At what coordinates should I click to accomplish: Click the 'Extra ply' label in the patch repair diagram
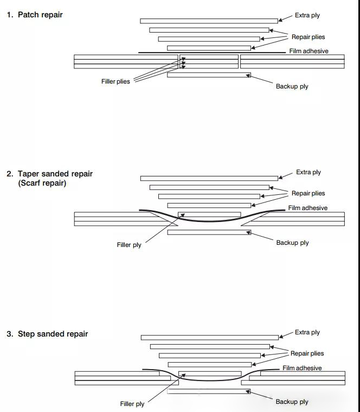tap(307, 15)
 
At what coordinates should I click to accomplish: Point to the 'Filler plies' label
tap(115, 82)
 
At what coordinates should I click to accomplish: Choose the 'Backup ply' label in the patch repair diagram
tap(292, 86)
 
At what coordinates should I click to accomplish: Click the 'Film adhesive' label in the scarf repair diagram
tap(307, 208)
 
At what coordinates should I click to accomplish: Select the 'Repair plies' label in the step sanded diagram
tap(307, 353)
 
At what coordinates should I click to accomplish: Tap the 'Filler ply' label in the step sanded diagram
tap(132, 404)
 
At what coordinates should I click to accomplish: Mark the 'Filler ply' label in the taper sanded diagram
tap(129, 245)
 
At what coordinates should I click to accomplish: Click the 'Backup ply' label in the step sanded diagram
tap(292, 402)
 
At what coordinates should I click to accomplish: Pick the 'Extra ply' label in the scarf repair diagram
tap(308, 172)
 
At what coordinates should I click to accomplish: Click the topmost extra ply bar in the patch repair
tap(209, 21)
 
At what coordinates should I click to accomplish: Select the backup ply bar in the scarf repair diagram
tap(209, 232)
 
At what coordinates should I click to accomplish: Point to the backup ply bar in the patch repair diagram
tap(209, 75)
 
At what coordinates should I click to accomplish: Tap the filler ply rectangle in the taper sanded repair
tap(209, 214)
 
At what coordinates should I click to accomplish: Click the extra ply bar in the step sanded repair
tap(209, 338)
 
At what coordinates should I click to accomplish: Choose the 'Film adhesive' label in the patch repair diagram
tap(308, 51)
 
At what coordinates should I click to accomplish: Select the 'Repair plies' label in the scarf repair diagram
tap(308, 193)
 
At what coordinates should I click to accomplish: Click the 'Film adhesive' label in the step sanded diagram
tap(302, 368)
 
